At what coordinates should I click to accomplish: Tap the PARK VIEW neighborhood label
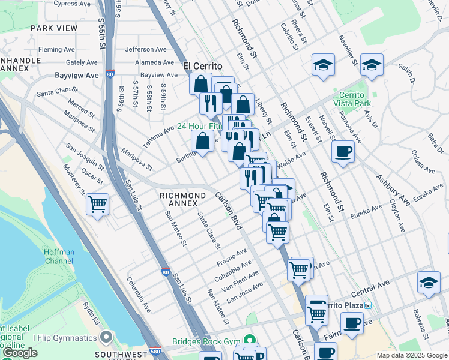(54, 28)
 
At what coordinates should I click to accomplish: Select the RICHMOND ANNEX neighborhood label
(183, 199)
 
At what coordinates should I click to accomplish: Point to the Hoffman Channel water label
(67, 257)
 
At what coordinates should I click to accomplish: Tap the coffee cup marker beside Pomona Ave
(343, 151)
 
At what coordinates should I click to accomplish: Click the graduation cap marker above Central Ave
(429, 283)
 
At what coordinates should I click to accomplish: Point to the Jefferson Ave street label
(146, 49)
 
